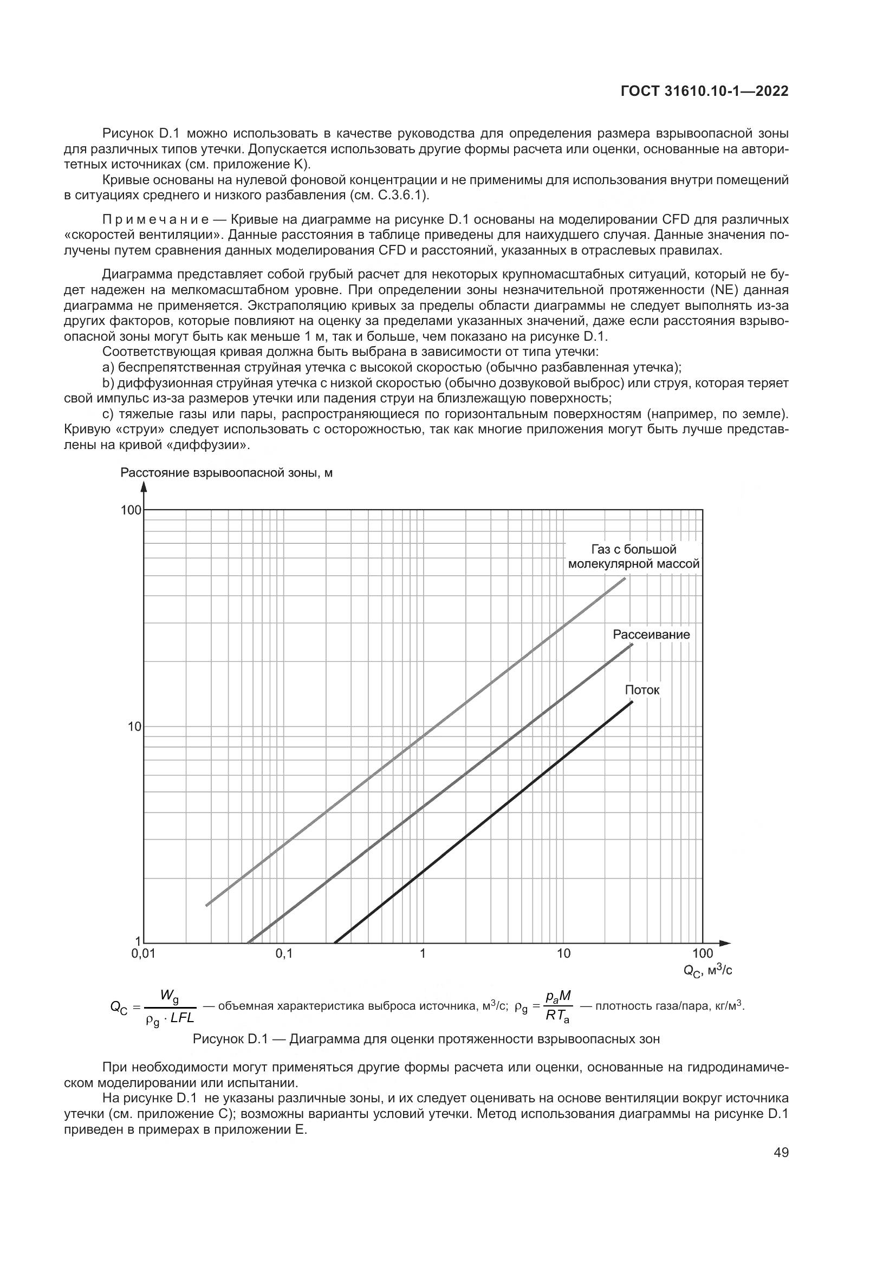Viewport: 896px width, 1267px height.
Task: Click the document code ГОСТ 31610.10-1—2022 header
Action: coord(705,92)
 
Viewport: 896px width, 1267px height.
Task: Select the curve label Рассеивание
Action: coord(651,635)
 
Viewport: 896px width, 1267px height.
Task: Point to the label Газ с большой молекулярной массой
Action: coord(634,557)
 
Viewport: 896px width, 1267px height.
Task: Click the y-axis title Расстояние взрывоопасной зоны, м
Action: coord(226,473)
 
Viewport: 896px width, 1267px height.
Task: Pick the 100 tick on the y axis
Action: coord(131,510)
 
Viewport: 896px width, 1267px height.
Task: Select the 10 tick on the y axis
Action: coord(134,727)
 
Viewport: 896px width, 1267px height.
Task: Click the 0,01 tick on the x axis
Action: coord(144,953)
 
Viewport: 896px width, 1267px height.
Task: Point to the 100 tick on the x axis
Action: coord(703,953)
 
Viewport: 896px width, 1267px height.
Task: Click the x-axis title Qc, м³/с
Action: coord(708,971)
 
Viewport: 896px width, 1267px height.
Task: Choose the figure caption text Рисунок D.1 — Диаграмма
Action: coord(426,1039)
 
